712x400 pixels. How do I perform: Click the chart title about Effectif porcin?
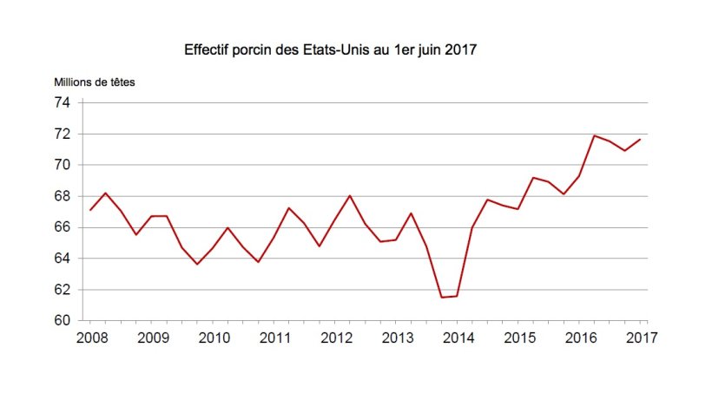coord(331,49)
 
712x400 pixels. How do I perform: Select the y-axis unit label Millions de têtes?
coord(95,82)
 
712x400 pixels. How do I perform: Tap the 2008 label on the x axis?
coord(92,338)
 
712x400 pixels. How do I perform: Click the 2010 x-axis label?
coord(214,338)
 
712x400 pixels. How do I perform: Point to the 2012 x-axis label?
coord(336,338)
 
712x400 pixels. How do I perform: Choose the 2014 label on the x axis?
coord(458,338)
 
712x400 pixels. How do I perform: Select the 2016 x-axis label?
coord(579,338)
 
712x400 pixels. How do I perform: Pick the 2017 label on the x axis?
coord(640,338)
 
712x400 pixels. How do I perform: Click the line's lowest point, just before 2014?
coord(441,298)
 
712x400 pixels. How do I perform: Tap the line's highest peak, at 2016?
coord(594,135)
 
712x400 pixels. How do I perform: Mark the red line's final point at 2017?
coord(640,139)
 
